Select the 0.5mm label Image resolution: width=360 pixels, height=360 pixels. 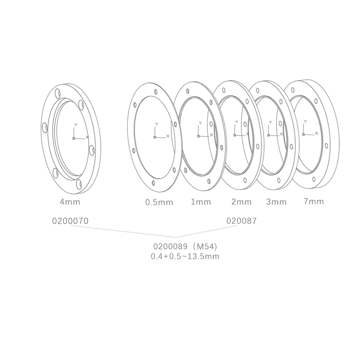159,202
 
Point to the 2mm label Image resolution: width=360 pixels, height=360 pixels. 241,202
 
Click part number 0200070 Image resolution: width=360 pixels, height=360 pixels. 71,221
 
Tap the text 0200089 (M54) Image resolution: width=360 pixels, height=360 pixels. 186,247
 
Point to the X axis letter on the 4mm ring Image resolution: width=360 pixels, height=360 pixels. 87,136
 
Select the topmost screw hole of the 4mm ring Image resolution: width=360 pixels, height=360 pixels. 58,93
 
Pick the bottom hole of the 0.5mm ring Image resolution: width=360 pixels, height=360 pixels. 154,183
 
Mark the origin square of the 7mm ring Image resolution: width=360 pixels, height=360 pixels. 304,135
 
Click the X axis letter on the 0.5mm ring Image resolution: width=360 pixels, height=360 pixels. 168,135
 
